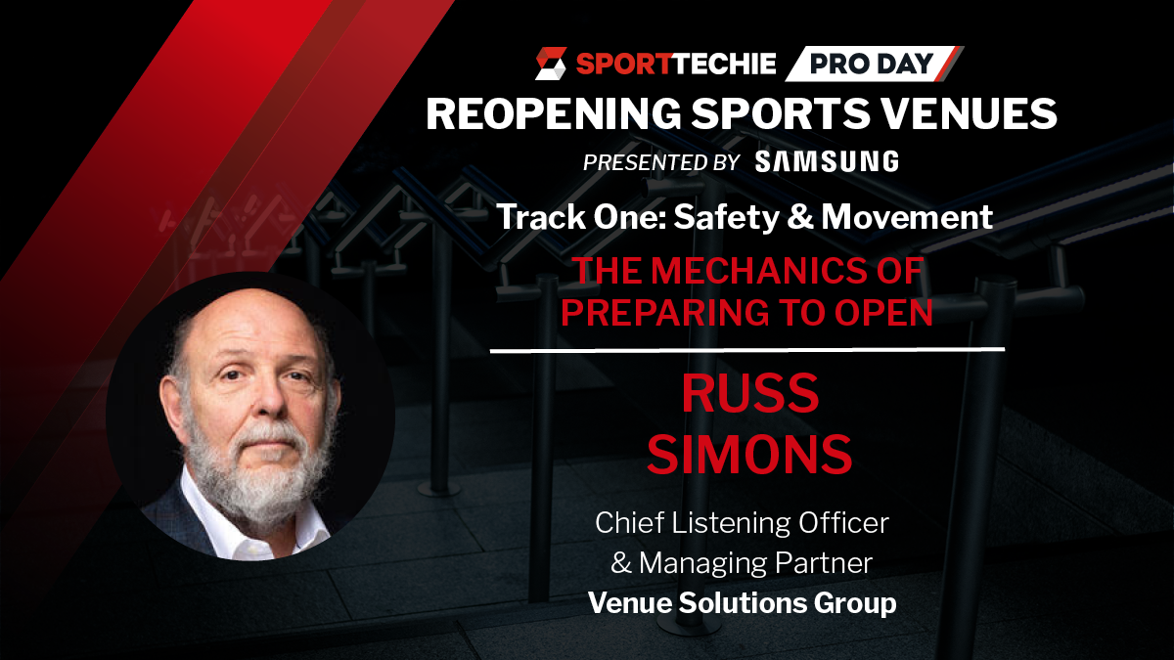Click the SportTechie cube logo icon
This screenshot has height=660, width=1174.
click(551, 64)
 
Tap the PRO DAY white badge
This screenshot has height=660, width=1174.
click(874, 64)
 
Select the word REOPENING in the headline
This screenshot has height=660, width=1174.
click(554, 113)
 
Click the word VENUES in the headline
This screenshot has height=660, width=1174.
click(971, 113)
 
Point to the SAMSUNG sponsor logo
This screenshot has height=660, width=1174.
click(827, 161)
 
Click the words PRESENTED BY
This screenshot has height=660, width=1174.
click(661, 162)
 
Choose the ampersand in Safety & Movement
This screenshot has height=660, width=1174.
click(800, 217)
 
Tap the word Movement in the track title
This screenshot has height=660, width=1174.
click(907, 217)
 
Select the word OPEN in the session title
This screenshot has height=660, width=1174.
click(883, 313)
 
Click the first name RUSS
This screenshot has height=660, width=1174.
click(750, 393)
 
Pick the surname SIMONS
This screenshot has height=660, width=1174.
click(749, 455)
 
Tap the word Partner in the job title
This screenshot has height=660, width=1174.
click(824, 563)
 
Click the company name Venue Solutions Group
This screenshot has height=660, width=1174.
click(743, 603)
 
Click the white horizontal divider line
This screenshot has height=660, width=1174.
click(747, 349)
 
